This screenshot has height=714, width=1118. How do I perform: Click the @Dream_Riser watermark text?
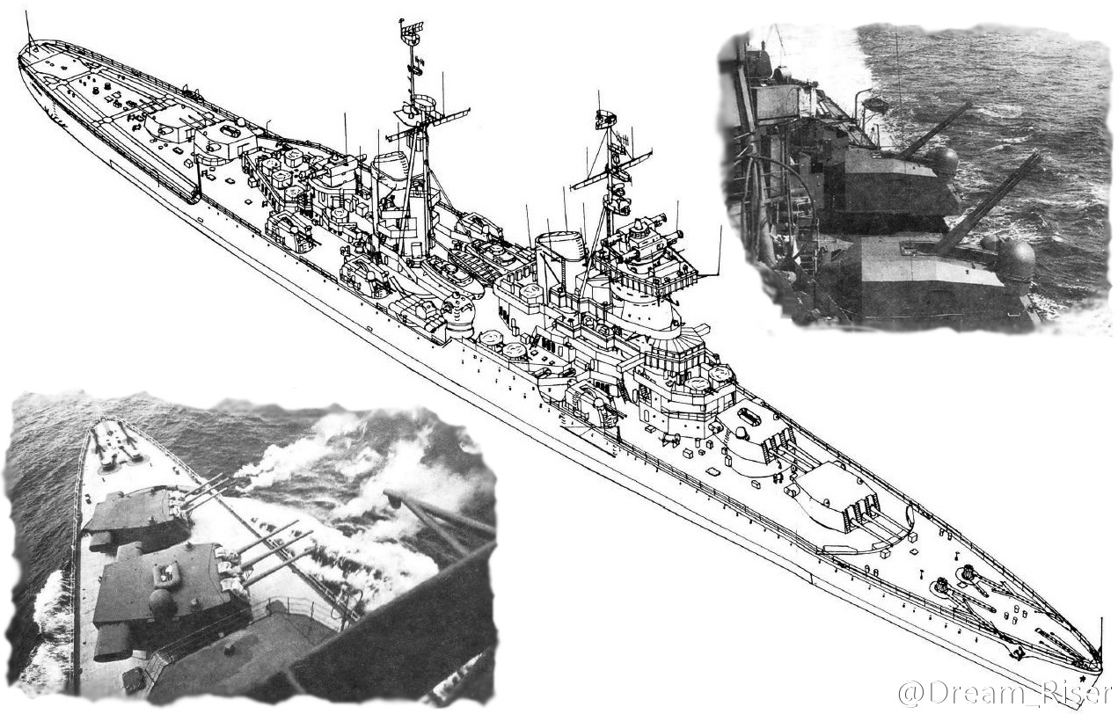(1005, 694)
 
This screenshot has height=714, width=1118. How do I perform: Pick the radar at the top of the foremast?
(605, 119)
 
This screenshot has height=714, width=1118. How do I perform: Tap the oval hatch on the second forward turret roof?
(749, 416)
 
